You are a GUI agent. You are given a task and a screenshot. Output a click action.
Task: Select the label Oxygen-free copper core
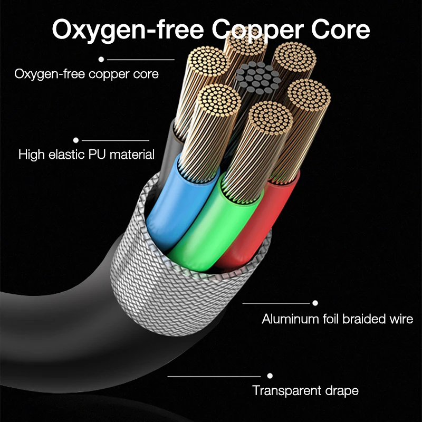[87, 74]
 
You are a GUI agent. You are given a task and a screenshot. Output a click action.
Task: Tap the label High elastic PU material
[87, 155]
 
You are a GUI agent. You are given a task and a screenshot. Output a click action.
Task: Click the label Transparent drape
[305, 391]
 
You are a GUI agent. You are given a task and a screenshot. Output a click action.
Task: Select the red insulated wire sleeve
[258, 222]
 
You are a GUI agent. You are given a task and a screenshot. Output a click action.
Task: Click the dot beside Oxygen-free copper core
[101, 60]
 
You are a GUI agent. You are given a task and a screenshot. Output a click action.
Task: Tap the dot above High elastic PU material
[76, 140]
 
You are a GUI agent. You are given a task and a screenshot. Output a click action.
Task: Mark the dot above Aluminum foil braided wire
[315, 303]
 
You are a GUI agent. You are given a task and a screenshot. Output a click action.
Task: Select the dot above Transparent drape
[270, 376]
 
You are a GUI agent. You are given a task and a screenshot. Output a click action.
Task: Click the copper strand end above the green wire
[269, 119]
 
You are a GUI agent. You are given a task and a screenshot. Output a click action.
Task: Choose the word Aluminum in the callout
[288, 319]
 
